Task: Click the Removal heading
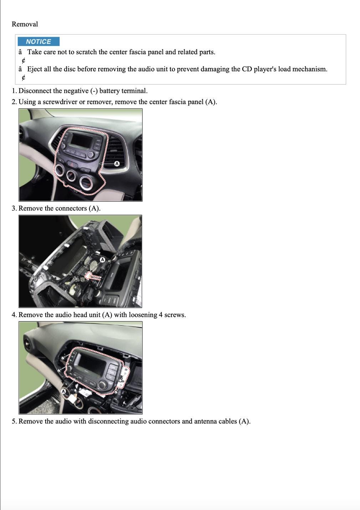(x=25, y=24)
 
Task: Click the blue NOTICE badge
(x=38, y=41)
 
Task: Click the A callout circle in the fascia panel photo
(x=117, y=164)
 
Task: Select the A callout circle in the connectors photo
(x=103, y=260)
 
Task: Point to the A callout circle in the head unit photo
(x=64, y=391)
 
